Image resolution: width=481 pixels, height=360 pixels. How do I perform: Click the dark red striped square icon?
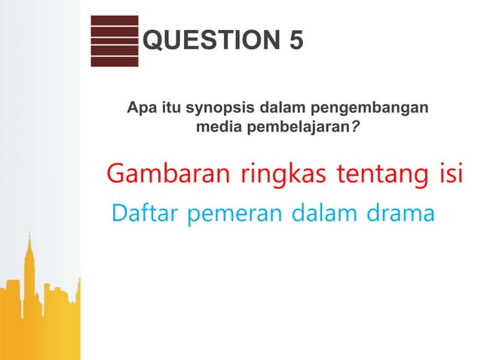(x=115, y=41)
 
